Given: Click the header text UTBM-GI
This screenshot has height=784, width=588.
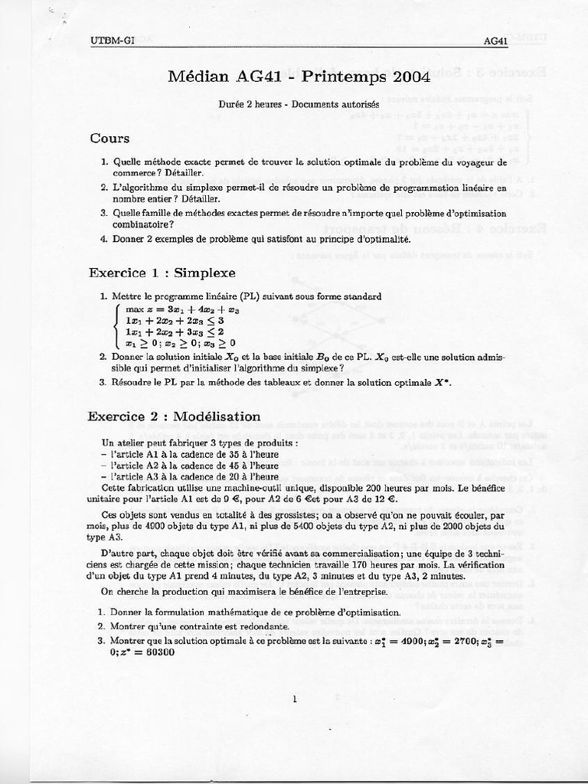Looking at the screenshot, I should (x=112, y=41).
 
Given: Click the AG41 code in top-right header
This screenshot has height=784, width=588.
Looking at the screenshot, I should (x=496, y=42).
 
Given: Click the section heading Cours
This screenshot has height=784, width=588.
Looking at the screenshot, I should (x=109, y=139).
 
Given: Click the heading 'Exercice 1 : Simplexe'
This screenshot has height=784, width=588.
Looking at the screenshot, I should (x=162, y=272).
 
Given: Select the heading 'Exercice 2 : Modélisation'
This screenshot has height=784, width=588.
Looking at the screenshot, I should (x=174, y=416).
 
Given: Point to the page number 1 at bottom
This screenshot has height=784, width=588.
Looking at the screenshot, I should (x=295, y=698).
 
